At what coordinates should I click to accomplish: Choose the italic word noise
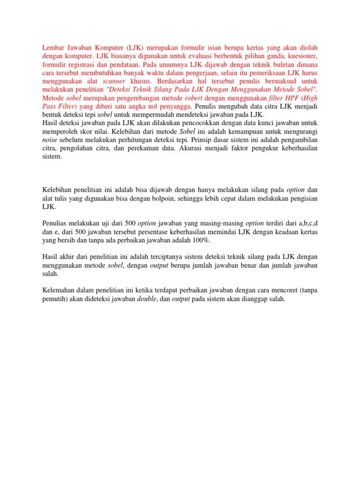pos(50,140)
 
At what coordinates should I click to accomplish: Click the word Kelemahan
pos(60,291)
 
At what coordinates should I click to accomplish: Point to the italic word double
pos(147,299)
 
